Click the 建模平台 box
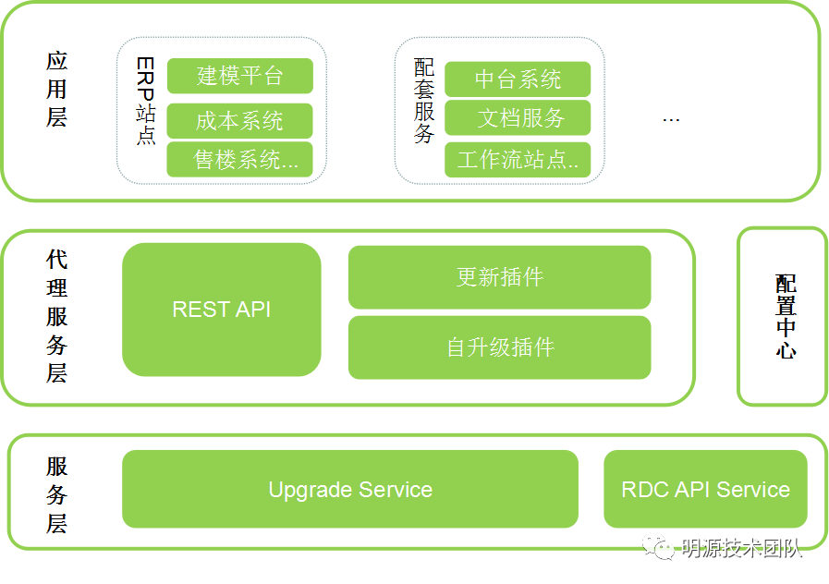pyautogui.click(x=240, y=76)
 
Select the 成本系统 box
pyautogui.click(x=240, y=121)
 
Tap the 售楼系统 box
pyautogui.click(x=240, y=160)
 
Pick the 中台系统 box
pyautogui.click(x=518, y=79)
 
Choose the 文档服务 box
pyautogui.click(x=518, y=118)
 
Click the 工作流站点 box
pyautogui.click(x=518, y=160)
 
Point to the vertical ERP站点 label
pyautogui.click(x=145, y=101)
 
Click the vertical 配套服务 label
pyautogui.click(x=424, y=101)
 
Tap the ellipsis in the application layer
pyautogui.click(x=671, y=121)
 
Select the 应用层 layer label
pyautogui.click(x=56, y=90)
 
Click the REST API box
pyautogui.click(x=222, y=310)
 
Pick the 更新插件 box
pyautogui.click(x=500, y=277)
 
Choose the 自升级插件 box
pyautogui.click(x=500, y=347)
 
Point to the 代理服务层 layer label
pyautogui.click(x=56, y=316)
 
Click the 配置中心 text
pyautogui.click(x=786, y=317)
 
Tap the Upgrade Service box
pyautogui.click(x=350, y=489)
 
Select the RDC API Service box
pyautogui.click(x=705, y=489)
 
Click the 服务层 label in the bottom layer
pyautogui.click(x=56, y=495)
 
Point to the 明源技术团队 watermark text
pyautogui.click(x=741, y=548)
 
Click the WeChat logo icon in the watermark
pyautogui.click(x=658, y=547)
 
